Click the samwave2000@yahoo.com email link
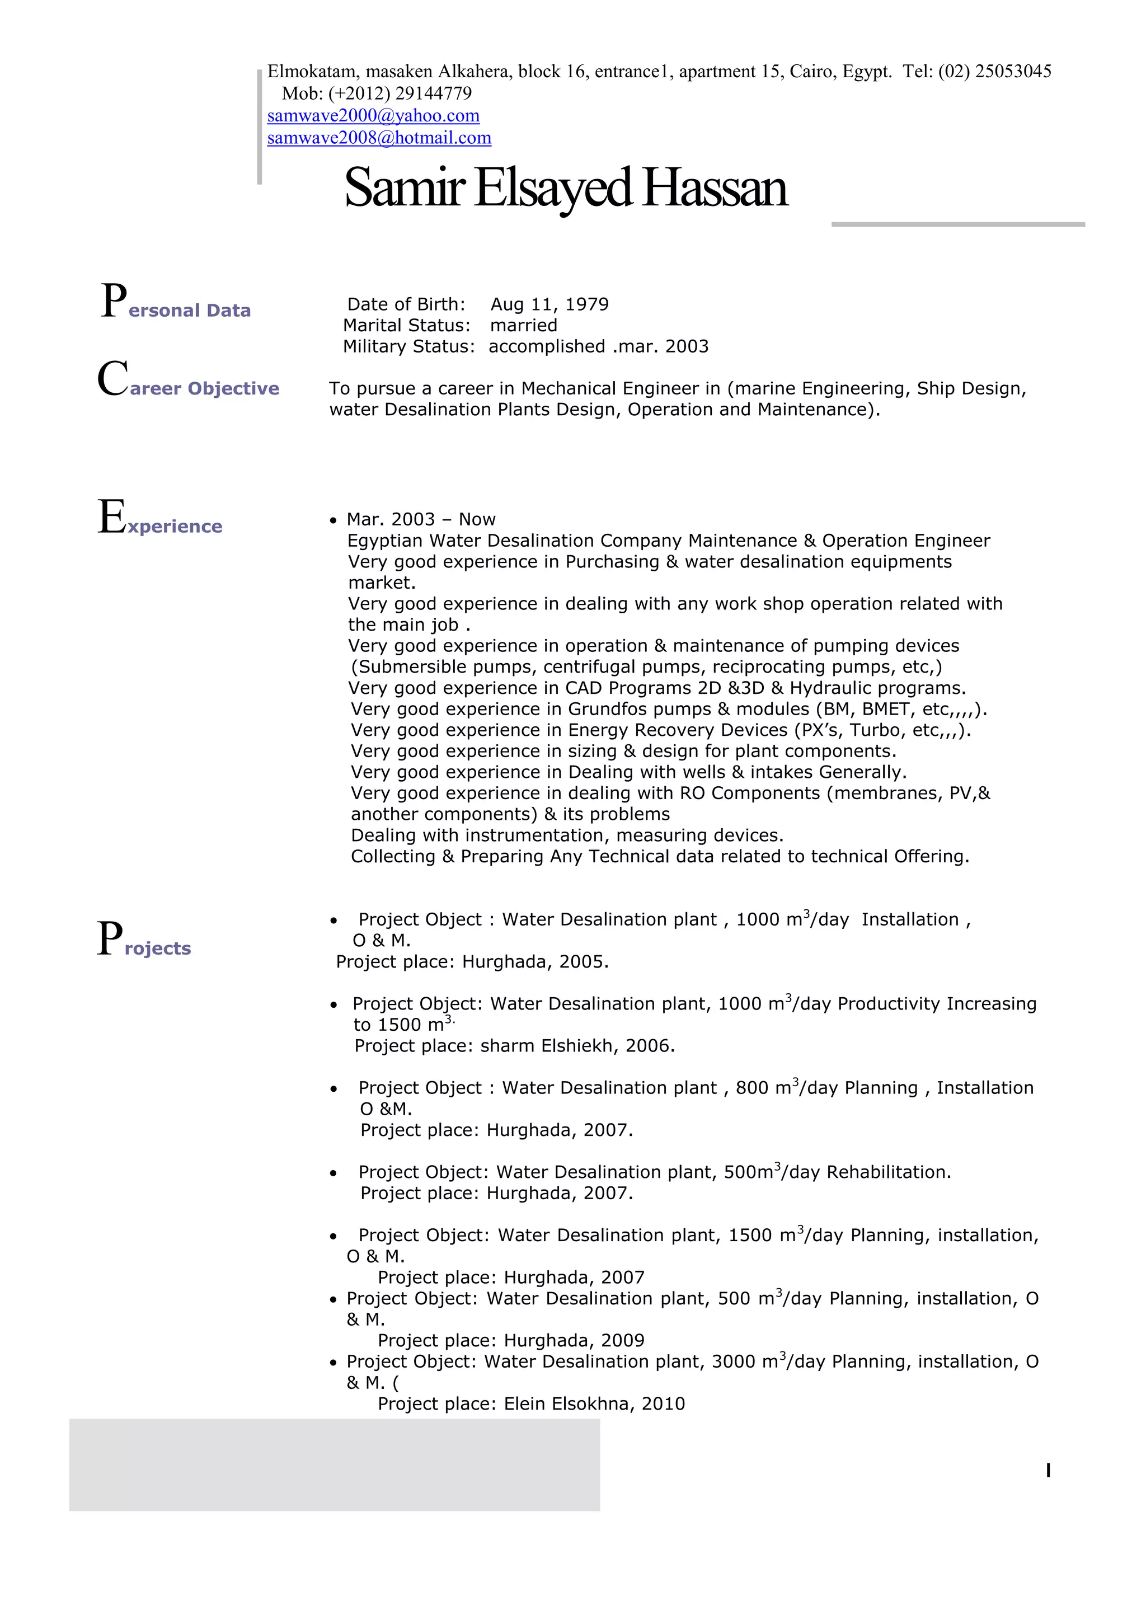point(373,116)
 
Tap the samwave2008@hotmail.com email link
point(379,138)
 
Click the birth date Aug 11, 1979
point(549,304)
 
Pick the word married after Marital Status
point(524,325)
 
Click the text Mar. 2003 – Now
point(421,519)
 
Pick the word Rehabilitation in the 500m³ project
point(887,1172)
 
